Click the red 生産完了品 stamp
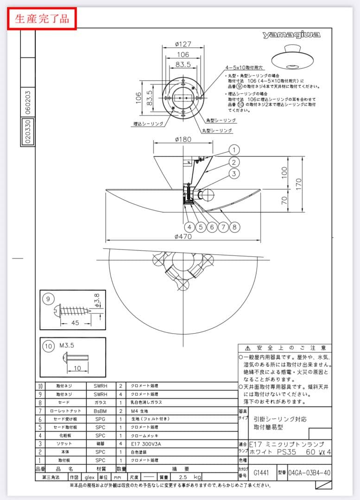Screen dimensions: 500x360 click(x=42, y=19)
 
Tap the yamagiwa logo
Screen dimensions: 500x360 click(x=291, y=35)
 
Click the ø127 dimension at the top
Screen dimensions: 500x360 click(x=184, y=45)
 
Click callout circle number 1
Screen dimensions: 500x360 click(x=234, y=150)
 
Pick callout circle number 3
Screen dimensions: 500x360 click(x=234, y=174)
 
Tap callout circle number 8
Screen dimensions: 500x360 click(x=234, y=227)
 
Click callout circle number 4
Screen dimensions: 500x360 click(x=189, y=227)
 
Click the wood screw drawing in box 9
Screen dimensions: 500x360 click(x=76, y=309)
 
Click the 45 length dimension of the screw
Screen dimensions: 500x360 click(x=76, y=323)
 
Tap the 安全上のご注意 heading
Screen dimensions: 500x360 click(x=285, y=348)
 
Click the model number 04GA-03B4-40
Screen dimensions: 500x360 click(x=309, y=473)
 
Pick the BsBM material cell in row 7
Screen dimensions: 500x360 click(x=101, y=410)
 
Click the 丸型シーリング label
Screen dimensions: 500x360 click(x=216, y=131)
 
